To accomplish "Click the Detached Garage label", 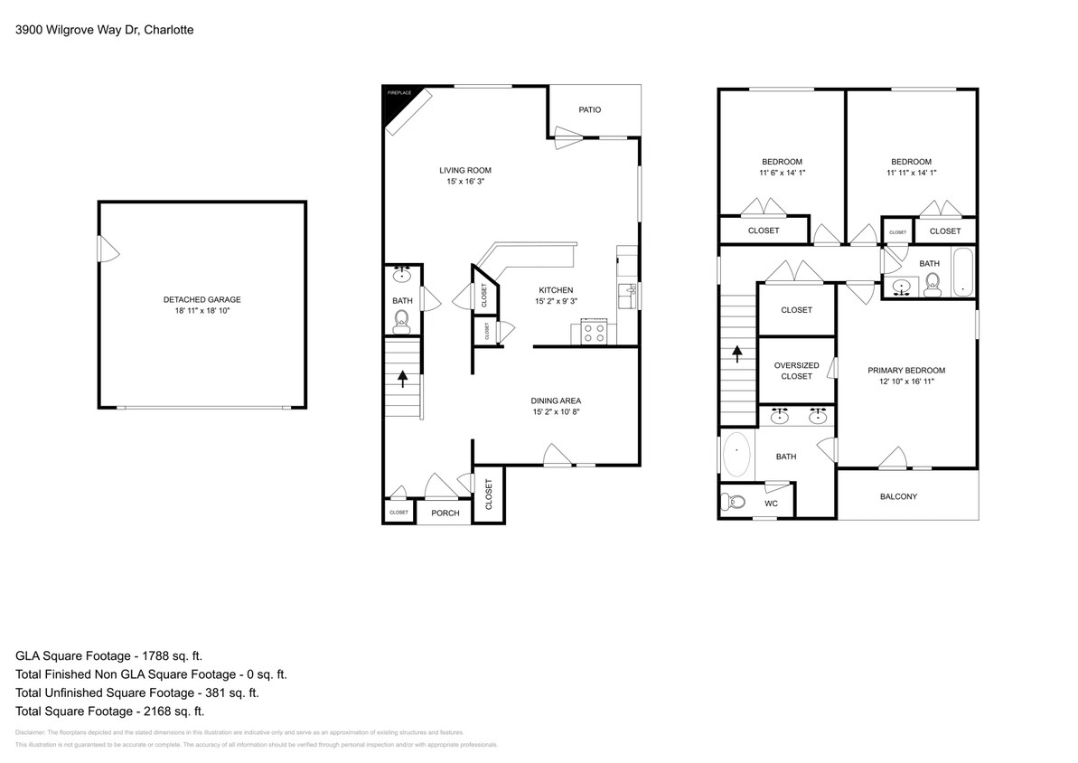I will [202, 299].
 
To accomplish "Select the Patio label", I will [590, 110].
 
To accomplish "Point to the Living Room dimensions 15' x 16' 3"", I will [465, 182].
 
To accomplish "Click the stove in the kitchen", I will [593, 332].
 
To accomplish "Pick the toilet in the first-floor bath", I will [402, 319].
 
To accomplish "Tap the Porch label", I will [445, 513].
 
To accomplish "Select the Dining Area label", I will [555, 400].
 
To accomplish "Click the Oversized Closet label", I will [796, 371].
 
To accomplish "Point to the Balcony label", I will [898, 496].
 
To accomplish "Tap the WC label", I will [771, 504].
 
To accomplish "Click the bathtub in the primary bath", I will [736, 455].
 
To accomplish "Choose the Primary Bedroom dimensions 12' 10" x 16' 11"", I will [906, 382].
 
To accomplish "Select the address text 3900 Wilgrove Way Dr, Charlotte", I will [105, 30].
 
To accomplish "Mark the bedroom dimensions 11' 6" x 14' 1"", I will [781, 173].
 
